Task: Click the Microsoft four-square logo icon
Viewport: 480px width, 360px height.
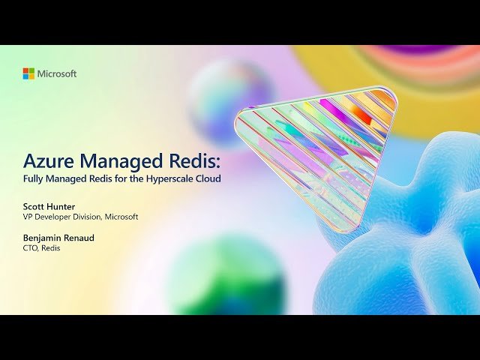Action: tap(28, 73)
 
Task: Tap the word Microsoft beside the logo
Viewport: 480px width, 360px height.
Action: tap(57, 73)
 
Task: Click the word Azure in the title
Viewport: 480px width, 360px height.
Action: tap(47, 161)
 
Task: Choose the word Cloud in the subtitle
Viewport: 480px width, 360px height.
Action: tap(208, 181)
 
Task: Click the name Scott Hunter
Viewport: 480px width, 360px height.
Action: tap(48, 205)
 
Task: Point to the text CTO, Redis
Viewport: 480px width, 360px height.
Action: tap(41, 248)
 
